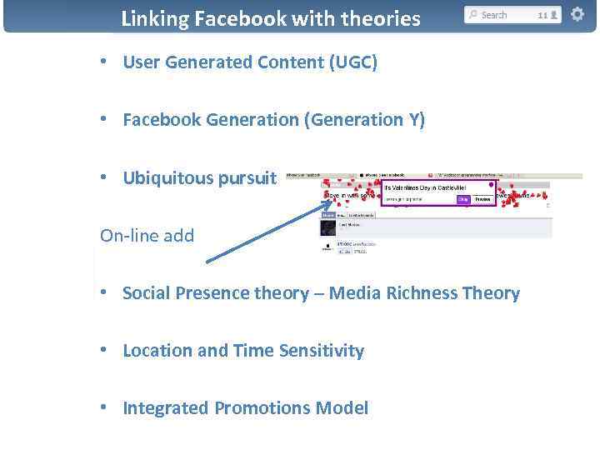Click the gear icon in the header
(x=577, y=14)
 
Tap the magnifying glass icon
(x=473, y=15)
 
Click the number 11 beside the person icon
(x=542, y=15)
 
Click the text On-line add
(x=147, y=236)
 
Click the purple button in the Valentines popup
(x=461, y=199)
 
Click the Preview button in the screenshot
(x=482, y=199)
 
